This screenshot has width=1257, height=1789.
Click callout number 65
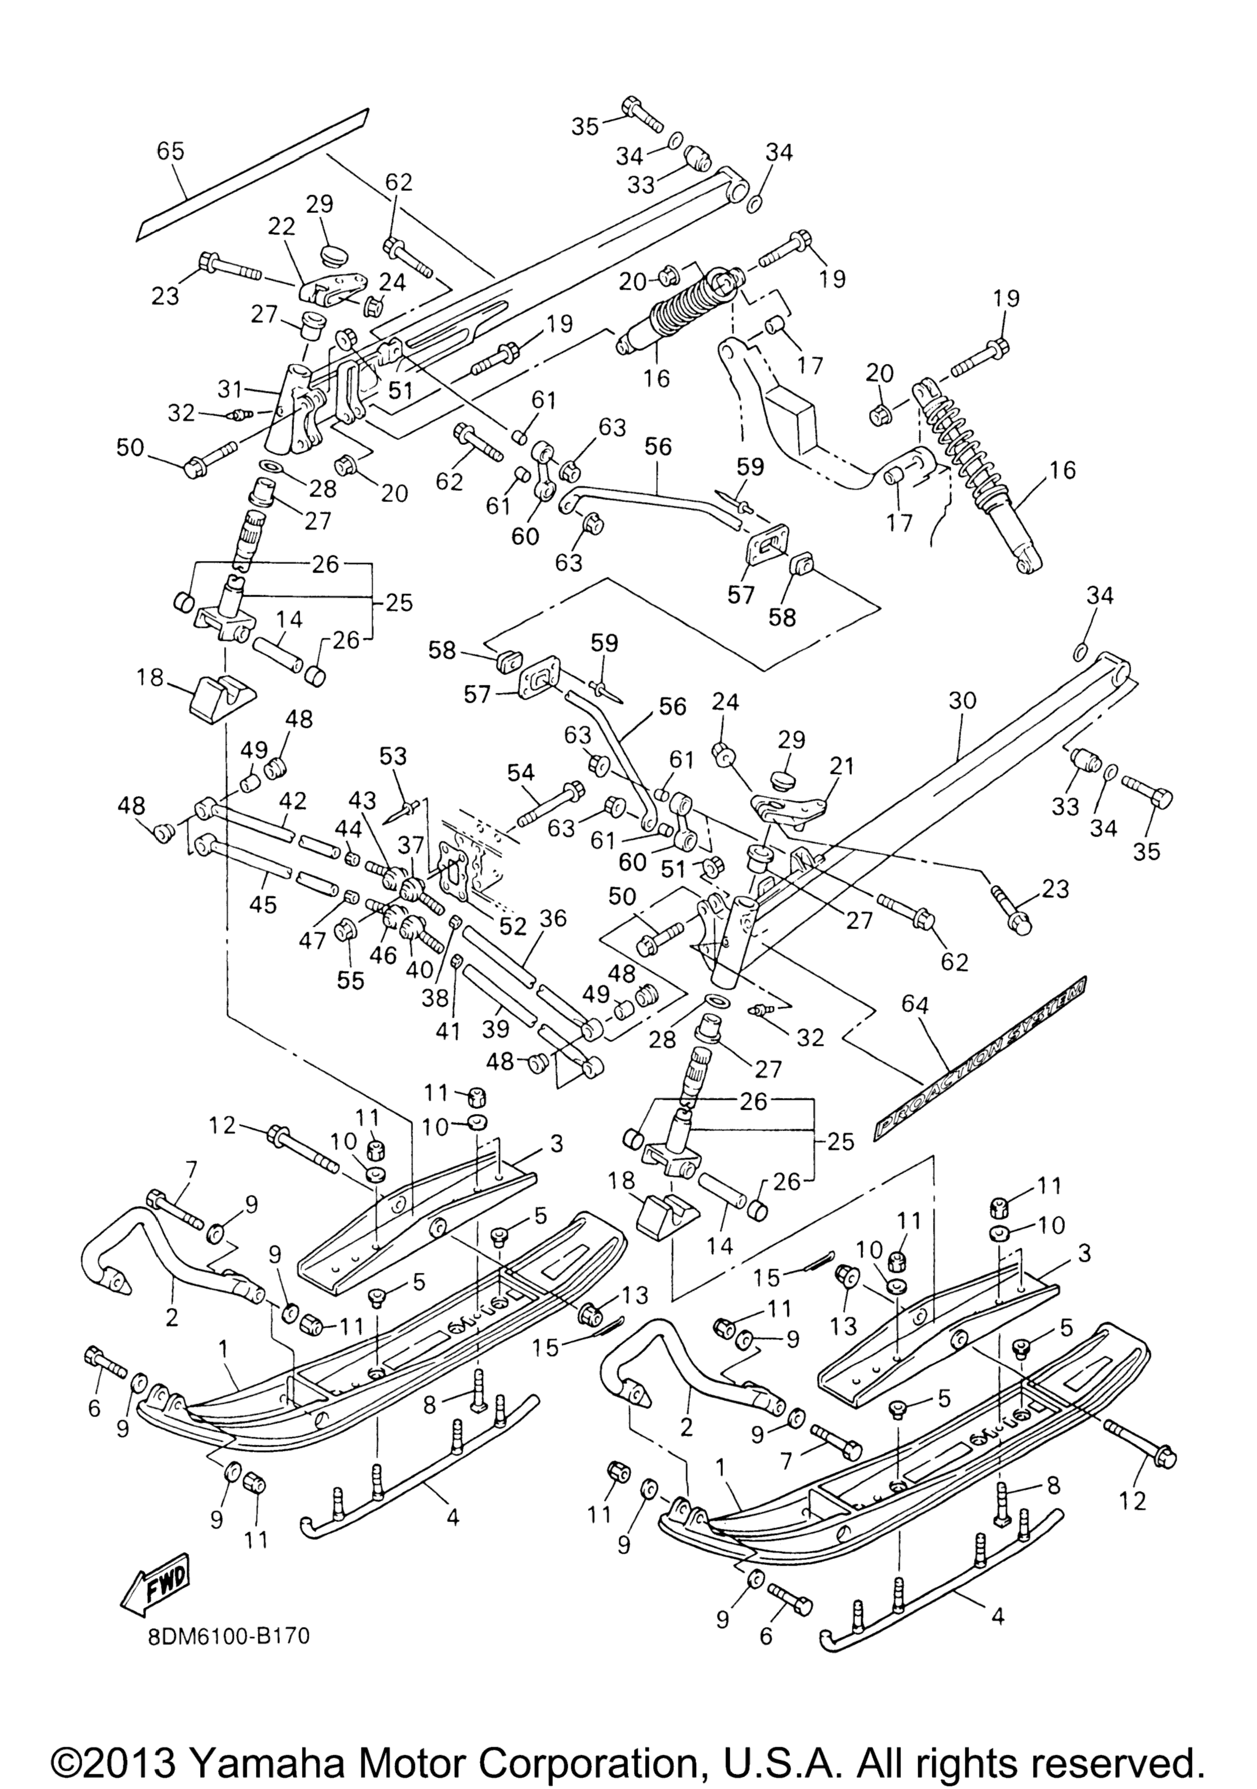click(x=171, y=151)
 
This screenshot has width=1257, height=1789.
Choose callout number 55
click(x=350, y=980)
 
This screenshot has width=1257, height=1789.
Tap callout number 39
click(x=497, y=1029)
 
